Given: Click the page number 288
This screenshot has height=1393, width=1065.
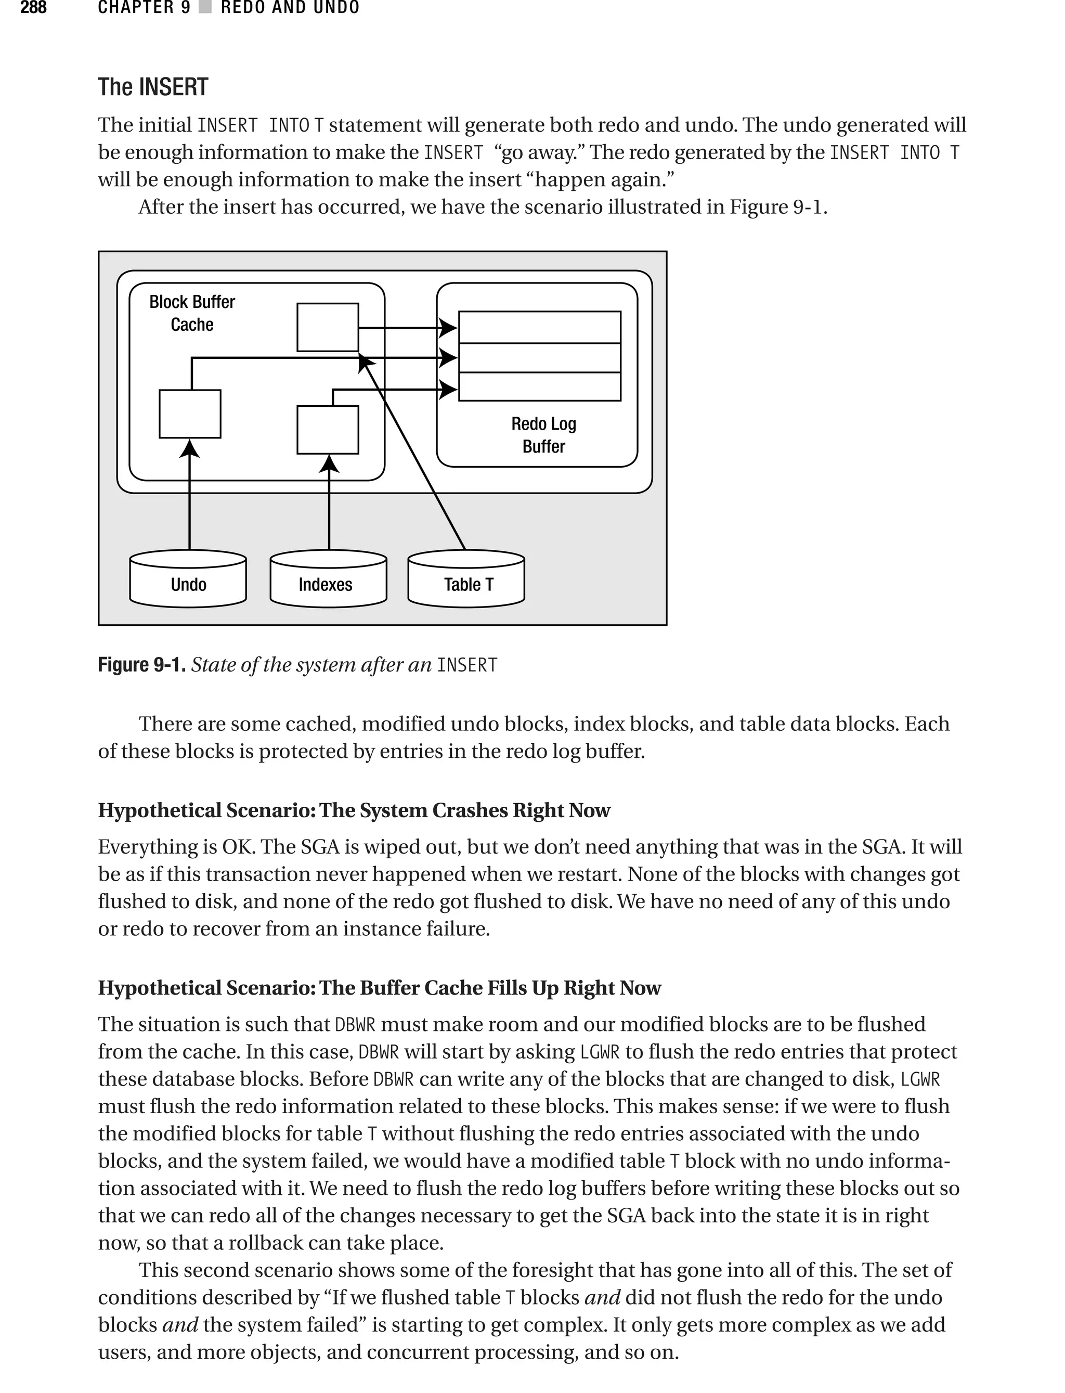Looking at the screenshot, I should point(33,8).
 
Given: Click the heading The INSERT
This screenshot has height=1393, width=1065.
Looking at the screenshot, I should point(153,87).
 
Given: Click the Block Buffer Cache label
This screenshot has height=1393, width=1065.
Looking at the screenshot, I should point(192,313).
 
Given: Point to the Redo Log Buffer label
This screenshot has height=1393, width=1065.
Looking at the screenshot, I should point(543,435).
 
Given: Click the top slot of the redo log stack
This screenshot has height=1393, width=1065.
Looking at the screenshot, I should point(539,327).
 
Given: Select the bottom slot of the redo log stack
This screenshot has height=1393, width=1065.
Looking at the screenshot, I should point(539,387).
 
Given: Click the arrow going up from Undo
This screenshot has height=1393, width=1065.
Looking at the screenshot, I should point(189,501).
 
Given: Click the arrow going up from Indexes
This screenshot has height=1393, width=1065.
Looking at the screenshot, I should point(329,507).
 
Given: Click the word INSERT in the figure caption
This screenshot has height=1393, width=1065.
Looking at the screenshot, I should point(467,665).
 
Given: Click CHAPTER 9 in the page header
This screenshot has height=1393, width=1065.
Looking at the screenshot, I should point(144,8).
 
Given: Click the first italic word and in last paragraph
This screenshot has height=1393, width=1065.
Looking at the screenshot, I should point(602,1297).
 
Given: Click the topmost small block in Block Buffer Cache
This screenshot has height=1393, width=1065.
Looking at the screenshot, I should point(328,327).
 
